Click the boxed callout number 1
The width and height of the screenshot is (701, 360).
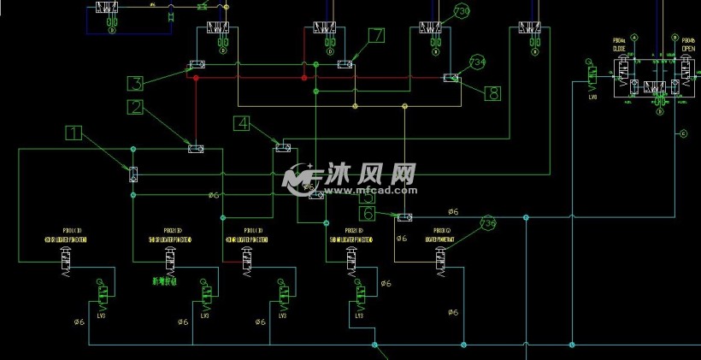coord(75,133)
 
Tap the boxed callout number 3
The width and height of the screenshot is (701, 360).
coord(136,83)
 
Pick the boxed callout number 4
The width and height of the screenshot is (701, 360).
coord(243,123)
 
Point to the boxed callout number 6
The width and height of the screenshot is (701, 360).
coord(368,214)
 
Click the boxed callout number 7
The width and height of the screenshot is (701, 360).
coord(377,36)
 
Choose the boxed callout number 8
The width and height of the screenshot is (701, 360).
coord(492,93)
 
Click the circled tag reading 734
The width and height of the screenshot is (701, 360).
coord(477,62)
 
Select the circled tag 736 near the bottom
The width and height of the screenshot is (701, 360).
coord(487,223)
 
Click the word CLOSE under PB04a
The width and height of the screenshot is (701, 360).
coord(619,49)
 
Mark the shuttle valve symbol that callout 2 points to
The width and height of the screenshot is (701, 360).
coord(196,149)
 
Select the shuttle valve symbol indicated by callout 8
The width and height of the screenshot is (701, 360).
coord(451,78)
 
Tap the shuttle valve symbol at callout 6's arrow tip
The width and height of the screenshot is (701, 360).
coord(404,218)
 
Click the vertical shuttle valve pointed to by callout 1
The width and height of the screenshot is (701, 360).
coord(133,175)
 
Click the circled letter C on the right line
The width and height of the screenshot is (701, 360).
coord(682,133)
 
